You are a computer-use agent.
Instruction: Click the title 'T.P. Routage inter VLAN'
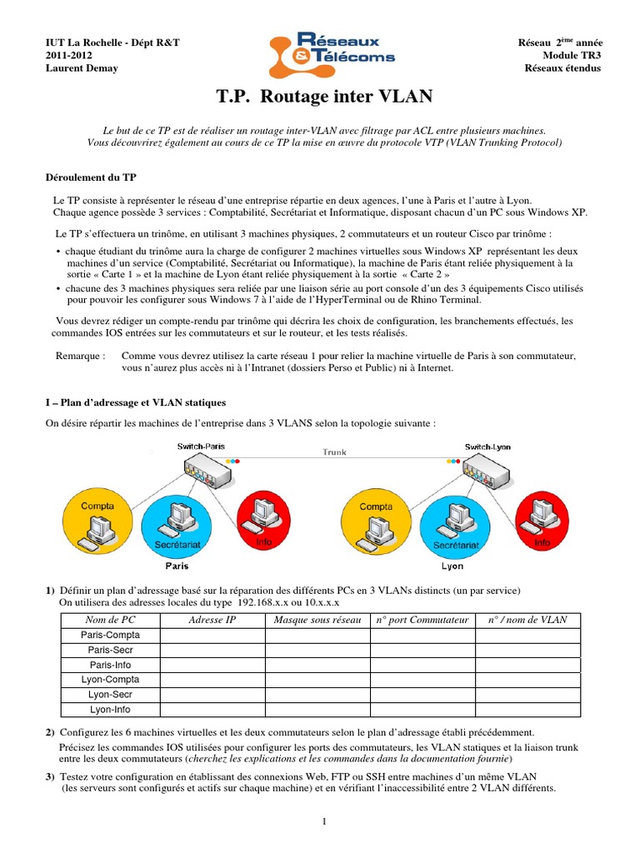(324, 97)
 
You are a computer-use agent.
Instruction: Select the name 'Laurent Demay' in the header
(81, 68)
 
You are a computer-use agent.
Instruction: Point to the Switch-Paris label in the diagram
(201, 446)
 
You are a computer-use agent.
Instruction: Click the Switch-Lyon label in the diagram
(488, 446)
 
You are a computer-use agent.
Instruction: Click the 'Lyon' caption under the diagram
(452, 566)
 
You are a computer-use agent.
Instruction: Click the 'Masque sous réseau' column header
(317, 620)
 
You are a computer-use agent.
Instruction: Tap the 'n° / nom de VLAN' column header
(527, 620)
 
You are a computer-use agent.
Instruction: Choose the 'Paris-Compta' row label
(110, 635)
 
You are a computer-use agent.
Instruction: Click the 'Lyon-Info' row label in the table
(110, 710)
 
